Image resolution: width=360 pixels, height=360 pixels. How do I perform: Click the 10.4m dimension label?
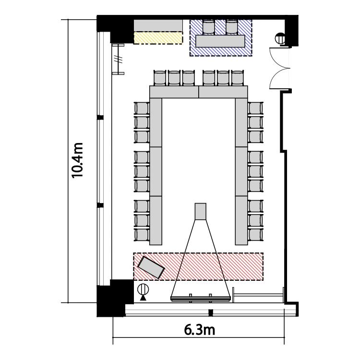[x=77, y=160]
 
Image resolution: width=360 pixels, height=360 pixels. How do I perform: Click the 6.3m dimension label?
[x=200, y=330]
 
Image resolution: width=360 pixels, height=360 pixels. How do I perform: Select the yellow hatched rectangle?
[x=158, y=37]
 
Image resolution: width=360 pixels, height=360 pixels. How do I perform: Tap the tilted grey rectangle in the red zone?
[x=151, y=267]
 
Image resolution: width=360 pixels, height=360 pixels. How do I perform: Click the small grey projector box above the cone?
[x=201, y=212]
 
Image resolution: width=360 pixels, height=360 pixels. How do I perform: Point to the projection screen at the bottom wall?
[x=201, y=299]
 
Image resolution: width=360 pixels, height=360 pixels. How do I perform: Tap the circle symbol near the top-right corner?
[x=280, y=38]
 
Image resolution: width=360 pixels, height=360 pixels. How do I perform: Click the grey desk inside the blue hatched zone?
[x=220, y=41]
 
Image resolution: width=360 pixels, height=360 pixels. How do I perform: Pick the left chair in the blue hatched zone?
[x=209, y=27]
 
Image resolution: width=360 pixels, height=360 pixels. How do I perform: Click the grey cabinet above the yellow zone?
[x=158, y=25]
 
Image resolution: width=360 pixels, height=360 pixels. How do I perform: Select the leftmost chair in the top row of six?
[x=160, y=78]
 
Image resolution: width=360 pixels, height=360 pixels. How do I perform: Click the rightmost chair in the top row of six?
[x=238, y=78]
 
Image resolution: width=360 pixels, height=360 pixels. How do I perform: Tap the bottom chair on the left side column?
[x=142, y=235]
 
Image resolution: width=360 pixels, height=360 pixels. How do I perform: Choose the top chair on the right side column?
[x=255, y=108]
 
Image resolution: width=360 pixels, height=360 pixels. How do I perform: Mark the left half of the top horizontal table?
[x=174, y=92]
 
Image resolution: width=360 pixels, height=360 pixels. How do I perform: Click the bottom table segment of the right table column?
[x=241, y=220]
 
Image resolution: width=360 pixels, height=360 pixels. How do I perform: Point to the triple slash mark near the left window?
[x=118, y=60]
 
